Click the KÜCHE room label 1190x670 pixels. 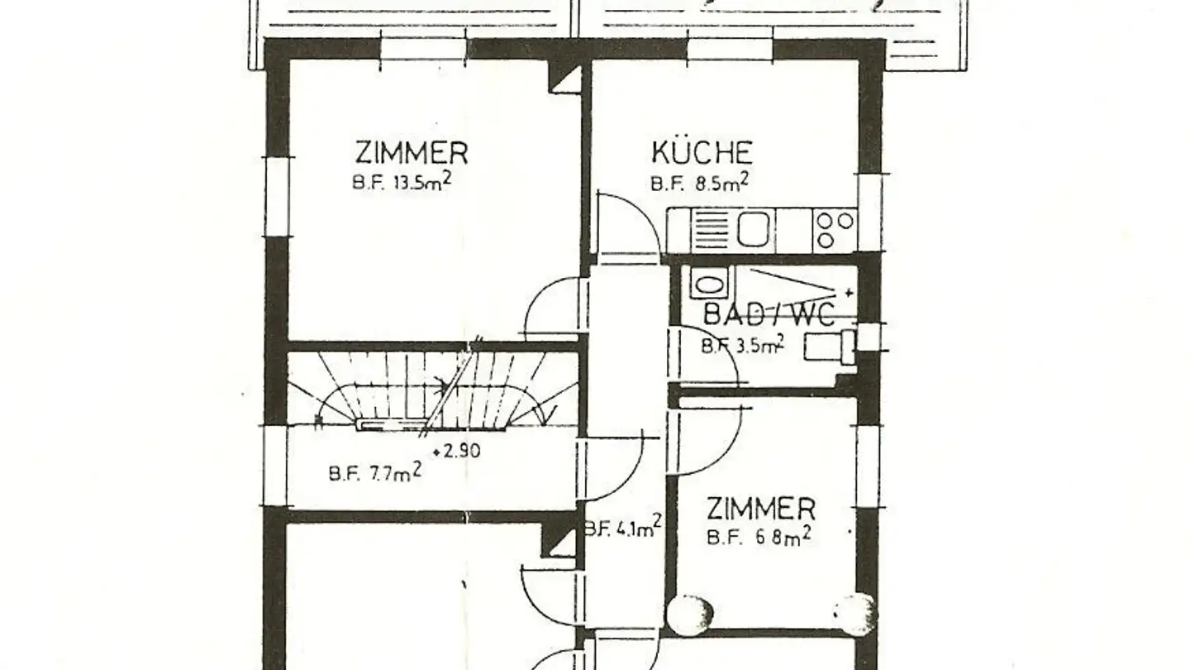click(702, 153)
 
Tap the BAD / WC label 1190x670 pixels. click(769, 315)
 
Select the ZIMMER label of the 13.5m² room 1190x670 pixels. click(412, 154)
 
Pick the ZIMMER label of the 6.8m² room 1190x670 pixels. click(760, 508)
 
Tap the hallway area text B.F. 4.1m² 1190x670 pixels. click(621, 527)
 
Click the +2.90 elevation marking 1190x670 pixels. click(456, 452)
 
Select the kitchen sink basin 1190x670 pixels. click(753, 229)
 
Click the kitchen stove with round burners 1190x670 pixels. click(834, 230)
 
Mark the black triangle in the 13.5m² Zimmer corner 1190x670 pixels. click(566, 79)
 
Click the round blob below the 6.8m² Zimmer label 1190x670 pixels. click(692, 614)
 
